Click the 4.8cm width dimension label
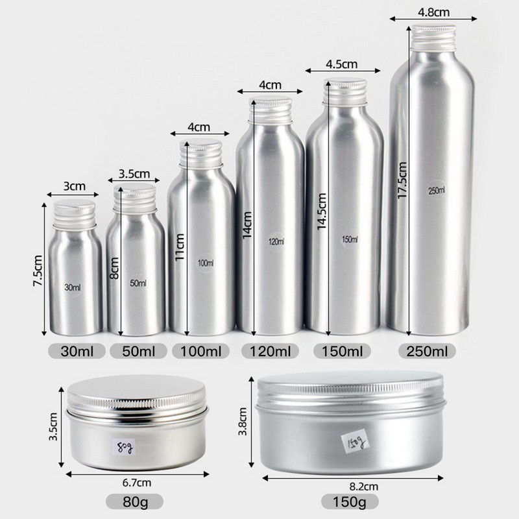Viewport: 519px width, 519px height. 433,12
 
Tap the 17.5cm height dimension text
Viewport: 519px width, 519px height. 402,180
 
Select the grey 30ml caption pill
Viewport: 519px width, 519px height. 77,351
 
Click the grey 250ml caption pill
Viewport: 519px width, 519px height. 427,351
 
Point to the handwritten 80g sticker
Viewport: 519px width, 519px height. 124,447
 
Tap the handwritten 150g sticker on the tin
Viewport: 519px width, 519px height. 356,441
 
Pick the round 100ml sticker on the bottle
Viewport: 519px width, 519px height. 206,263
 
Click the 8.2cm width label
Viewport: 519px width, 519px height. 363,487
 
